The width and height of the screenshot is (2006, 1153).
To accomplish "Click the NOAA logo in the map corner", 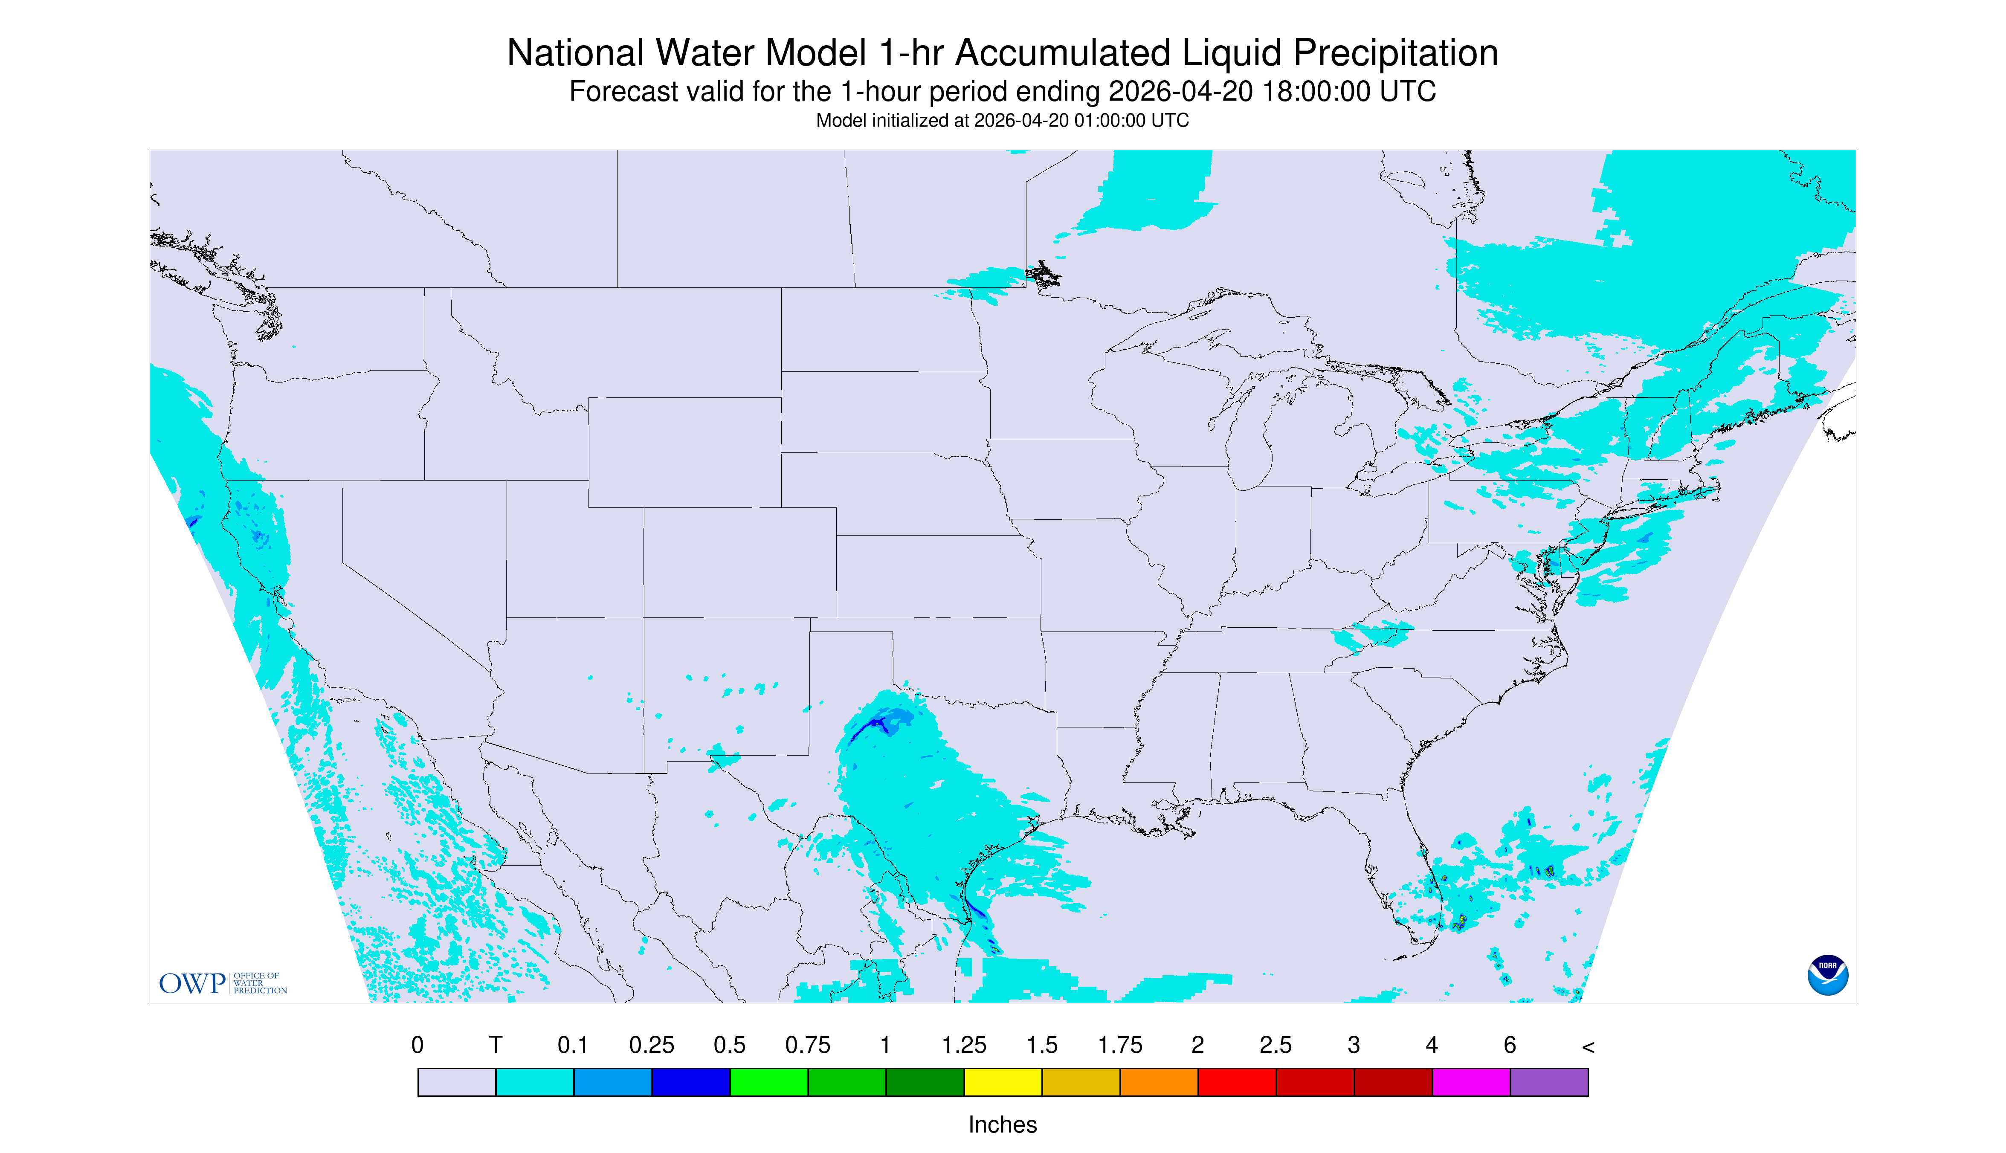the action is pyautogui.click(x=1827, y=975).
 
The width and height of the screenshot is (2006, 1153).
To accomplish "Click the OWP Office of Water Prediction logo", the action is pyautogui.click(x=223, y=983).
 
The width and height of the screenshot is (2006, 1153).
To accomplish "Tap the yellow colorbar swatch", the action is pyautogui.click(x=1003, y=1082).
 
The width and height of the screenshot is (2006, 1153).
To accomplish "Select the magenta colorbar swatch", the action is pyautogui.click(x=1471, y=1082).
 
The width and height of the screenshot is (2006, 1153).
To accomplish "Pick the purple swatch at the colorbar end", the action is pyautogui.click(x=1549, y=1082).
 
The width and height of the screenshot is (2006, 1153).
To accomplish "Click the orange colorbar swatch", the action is pyautogui.click(x=1159, y=1082).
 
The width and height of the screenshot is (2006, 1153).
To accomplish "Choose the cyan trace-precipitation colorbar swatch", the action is pyautogui.click(x=535, y=1082).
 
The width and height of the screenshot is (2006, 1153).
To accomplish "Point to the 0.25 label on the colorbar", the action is pyautogui.click(x=652, y=1045).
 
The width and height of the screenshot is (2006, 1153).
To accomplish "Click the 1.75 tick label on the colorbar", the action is pyautogui.click(x=1120, y=1045).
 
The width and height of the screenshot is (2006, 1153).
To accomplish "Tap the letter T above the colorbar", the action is pyautogui.click(x=496, y=1045).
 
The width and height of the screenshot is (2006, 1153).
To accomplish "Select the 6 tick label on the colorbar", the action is pyautogui.click(x=1510, y=1045).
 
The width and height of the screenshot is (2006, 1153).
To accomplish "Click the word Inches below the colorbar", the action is pyautogui.click(x=1003, y=1124).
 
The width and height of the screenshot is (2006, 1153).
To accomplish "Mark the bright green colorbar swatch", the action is pyautogui.click(x=769, y=1082).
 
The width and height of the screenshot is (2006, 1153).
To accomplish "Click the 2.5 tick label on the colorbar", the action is pyautogui.click(x=1276, y=1045).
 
